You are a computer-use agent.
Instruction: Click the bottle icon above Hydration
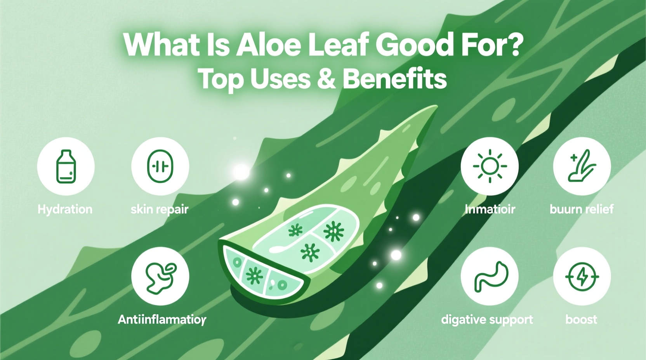point(66,166)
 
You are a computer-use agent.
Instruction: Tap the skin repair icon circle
point(160,166)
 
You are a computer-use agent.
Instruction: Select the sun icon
point(490,166)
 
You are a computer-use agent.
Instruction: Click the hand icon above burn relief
point(582,166)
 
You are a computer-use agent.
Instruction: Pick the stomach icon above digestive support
point(490,276)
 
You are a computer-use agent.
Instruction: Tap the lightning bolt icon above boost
point(582,276)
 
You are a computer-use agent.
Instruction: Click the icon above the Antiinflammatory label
point(160,276)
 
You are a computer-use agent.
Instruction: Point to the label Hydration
point(65,209)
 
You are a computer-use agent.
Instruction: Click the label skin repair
point(160,209)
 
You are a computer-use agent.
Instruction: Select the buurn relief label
point(582,209)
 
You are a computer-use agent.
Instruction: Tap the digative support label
point(487,320)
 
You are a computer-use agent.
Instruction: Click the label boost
point(581,320)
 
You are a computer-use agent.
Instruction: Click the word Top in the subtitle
point(221,80)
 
